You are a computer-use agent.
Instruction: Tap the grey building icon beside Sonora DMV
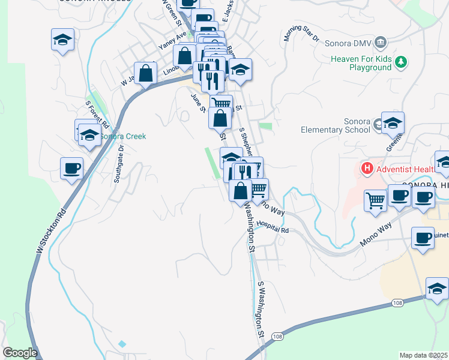[x=381, y=43]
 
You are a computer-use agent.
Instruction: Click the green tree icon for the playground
[x=402, y=61]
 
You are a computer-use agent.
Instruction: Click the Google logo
[x=20, y=353]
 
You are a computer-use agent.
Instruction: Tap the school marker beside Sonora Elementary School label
[x=393, y=123]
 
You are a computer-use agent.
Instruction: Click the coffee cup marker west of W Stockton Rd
[x=71, y=168]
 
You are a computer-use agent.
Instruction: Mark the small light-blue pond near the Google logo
[x=122, y=344]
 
